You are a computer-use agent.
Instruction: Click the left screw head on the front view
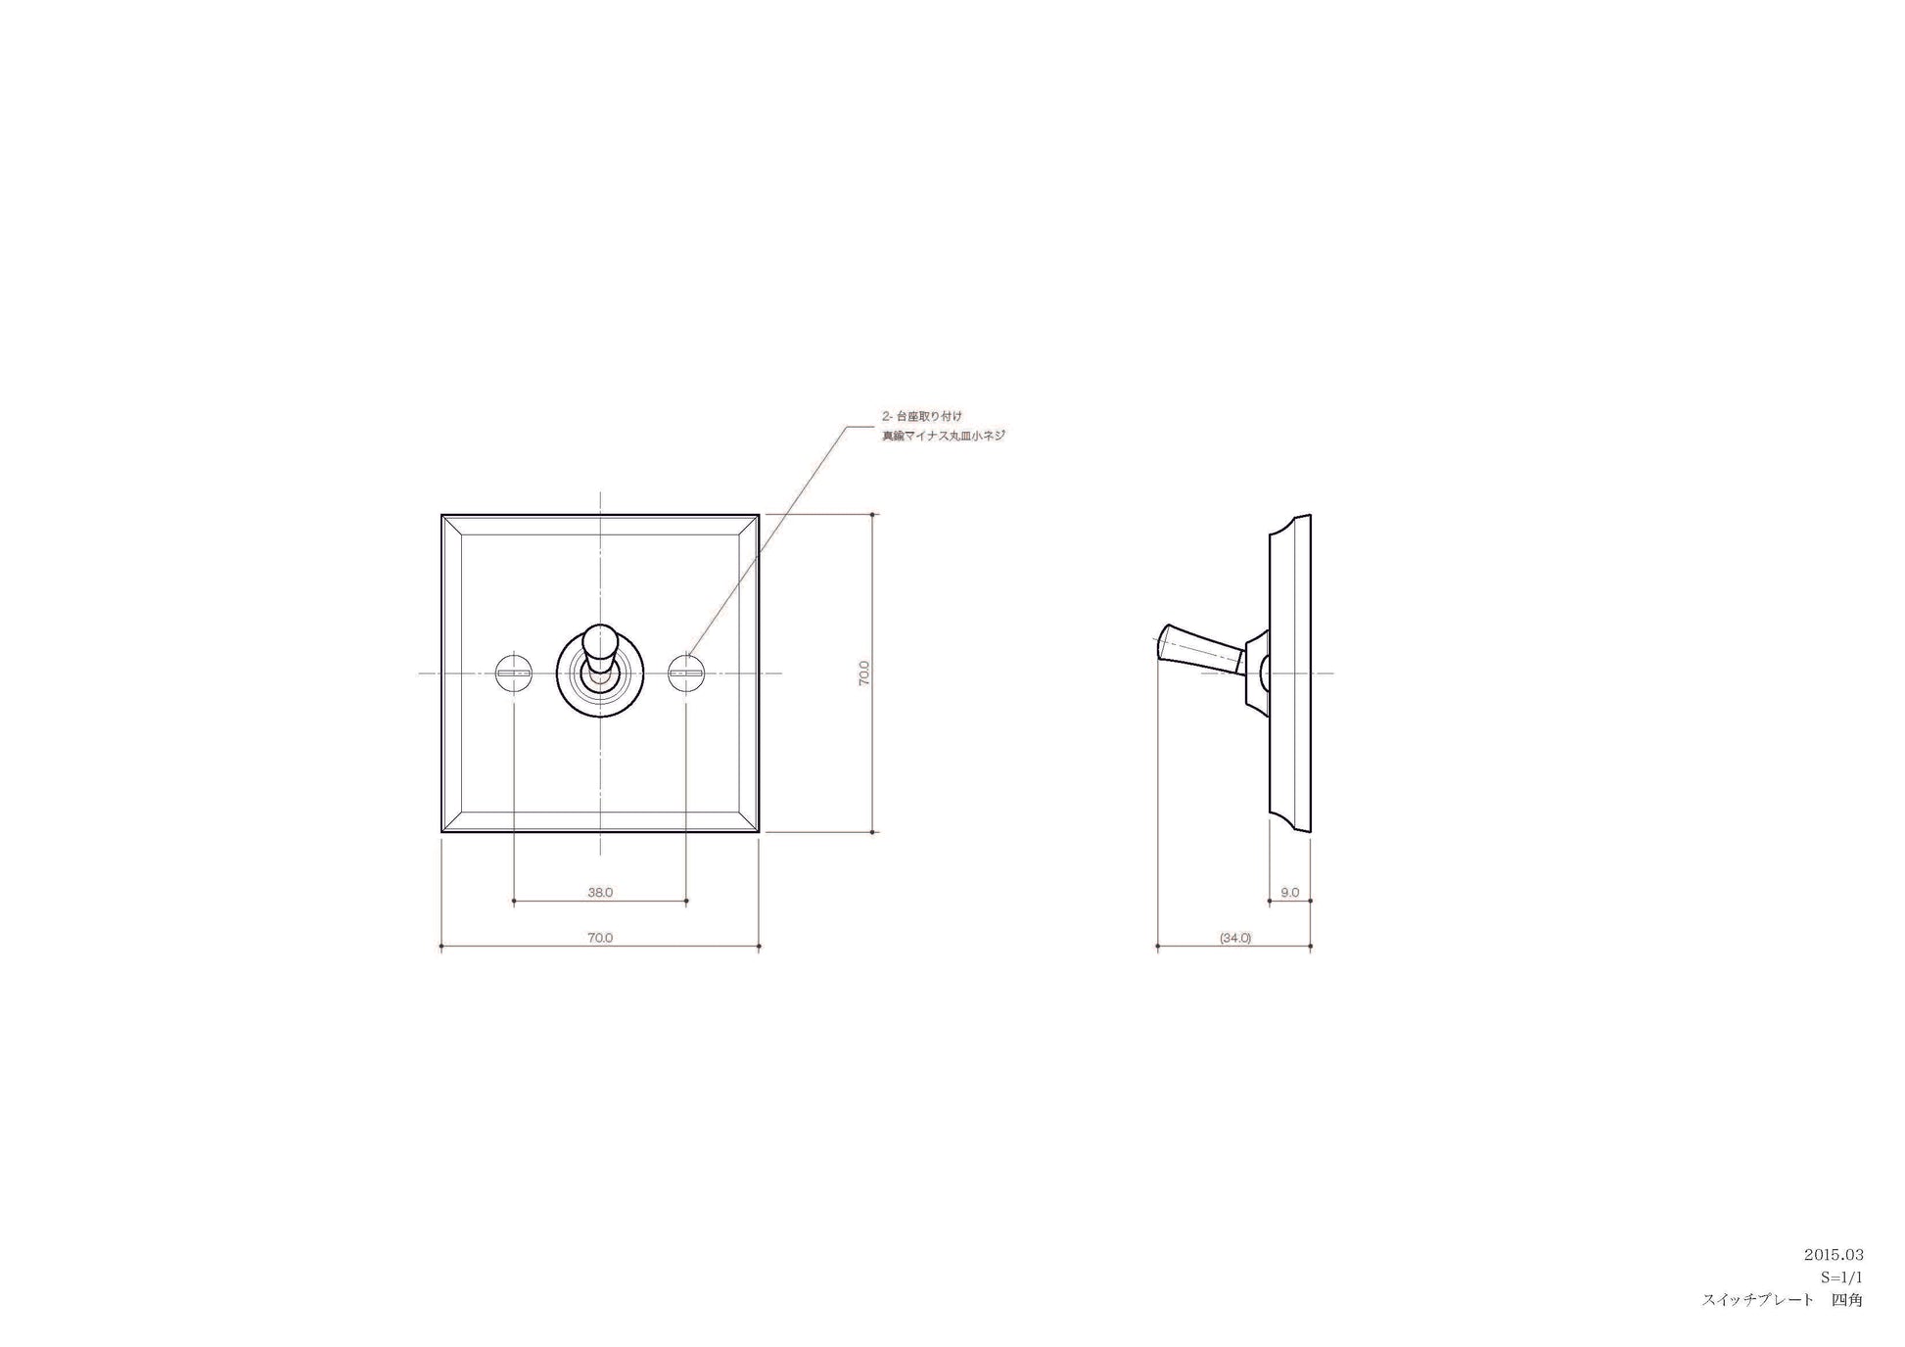point(514,673)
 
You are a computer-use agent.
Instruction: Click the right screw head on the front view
point(686,673)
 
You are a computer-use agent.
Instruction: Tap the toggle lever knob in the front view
point(599,645)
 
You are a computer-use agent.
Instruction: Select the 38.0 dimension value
point(600,892)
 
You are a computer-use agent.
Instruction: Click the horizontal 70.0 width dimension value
point(600,937)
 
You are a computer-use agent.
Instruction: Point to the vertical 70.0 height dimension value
point(864,673)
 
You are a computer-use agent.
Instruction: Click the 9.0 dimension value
point(1290,892)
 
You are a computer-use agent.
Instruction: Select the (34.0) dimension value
point(1235,937)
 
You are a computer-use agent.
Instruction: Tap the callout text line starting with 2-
point(921,416)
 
